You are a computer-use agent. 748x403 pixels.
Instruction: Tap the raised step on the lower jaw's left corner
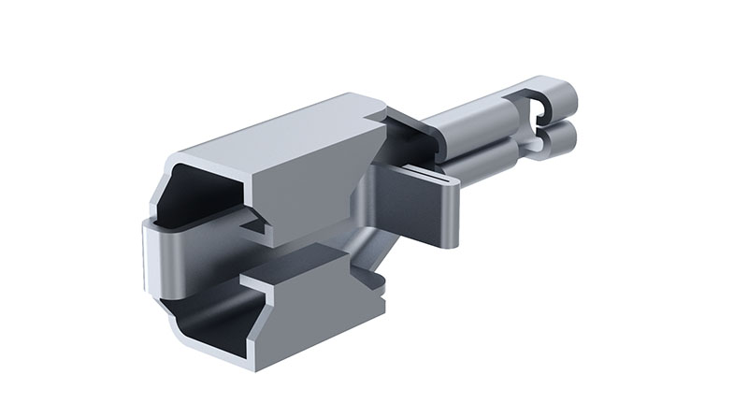click(x=252, y=281)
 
